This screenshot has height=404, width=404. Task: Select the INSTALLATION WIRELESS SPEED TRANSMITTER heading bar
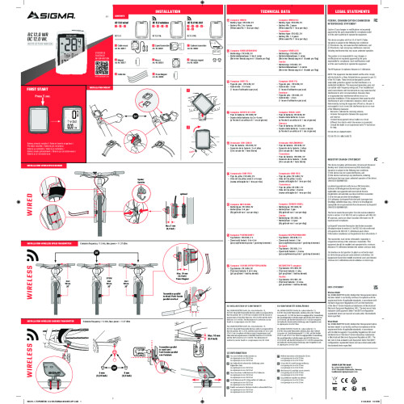click(49, 242)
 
